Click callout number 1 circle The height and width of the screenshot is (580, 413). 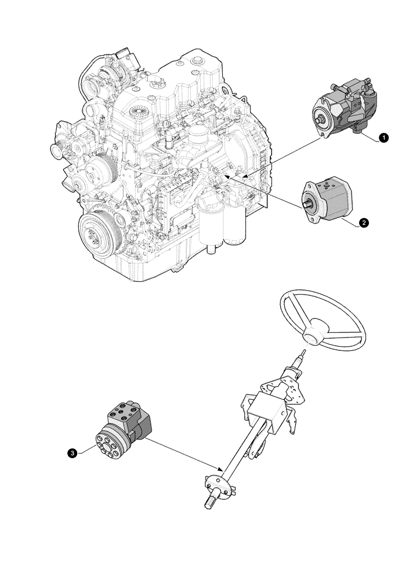tap(383, 137)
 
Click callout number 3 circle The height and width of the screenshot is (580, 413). tap(71, 454)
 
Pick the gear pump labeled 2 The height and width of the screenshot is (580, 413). tap(327, 200)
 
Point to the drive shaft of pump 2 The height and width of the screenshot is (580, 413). tap(307, 204)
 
